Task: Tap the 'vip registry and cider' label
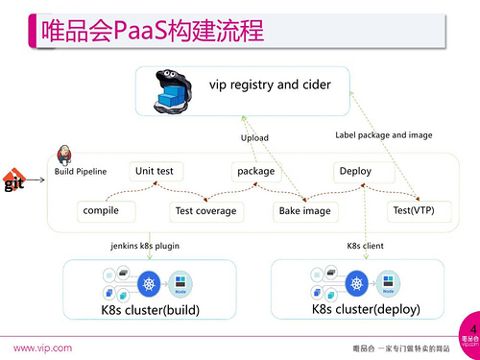click(x=270, y=84)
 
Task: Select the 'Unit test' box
click(x=155, y=171)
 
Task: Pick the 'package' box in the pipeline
click(x=255, y=172)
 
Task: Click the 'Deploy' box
click(x=354, y=172)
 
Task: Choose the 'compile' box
click(x=101, y=209)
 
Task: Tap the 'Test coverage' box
click(x=204, y=210)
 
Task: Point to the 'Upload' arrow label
click(x=253, y=138)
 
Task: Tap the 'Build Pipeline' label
click(x=79, y=172)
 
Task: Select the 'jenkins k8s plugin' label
click(x=145, y=247)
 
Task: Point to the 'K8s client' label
click(x=365, y=247)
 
